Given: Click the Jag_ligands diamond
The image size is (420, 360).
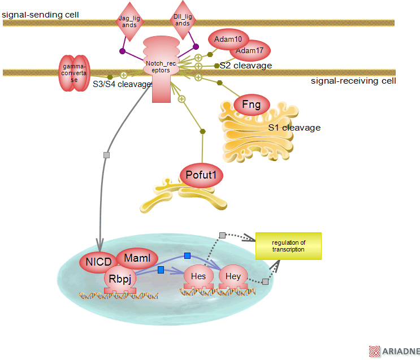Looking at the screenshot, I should point(130,21).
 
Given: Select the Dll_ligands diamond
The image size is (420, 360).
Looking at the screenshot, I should point(183,21).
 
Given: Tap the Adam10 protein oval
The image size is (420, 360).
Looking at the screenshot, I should point(228,40).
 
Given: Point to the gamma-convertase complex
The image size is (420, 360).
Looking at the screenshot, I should point(74,73).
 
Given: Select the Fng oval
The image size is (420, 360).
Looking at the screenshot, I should point(252,104).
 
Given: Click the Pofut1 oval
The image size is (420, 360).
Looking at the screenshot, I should point(201,175).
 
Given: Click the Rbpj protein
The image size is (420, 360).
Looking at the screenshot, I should point(120,277).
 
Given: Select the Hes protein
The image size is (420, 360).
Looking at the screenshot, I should point(198,276).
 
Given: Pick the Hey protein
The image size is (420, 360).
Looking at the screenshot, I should point(233,276).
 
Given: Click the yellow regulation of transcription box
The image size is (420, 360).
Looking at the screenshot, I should point(288,246).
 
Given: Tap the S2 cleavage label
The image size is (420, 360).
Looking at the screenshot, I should point(246,66).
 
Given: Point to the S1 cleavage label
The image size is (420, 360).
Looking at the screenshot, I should point(294,128).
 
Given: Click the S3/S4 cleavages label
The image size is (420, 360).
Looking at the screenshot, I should point(123,84).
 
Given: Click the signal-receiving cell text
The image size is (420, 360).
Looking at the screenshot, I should point(353,81).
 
